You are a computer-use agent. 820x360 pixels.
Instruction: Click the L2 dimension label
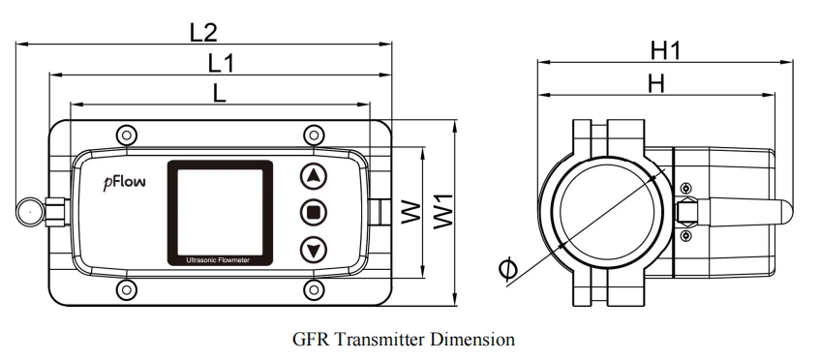click(x=203, y=33)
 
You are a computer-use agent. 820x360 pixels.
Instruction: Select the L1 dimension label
click(x=221, y=64)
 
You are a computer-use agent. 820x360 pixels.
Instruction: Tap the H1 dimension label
click(x=666, y=50)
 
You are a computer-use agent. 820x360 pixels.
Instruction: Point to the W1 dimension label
click(x=444, y=211)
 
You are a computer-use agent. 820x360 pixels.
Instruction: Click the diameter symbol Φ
click(x=508, y=270)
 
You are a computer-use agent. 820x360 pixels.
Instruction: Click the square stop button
click(x=314, y=213)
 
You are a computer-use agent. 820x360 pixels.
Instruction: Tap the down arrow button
click(x=314, y=250)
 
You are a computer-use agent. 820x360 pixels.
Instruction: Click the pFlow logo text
click(x=125, y=182)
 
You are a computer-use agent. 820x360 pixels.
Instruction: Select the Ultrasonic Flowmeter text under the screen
click(x=220, y=260)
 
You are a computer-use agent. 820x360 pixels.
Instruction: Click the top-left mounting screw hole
click(x=127, y=135)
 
